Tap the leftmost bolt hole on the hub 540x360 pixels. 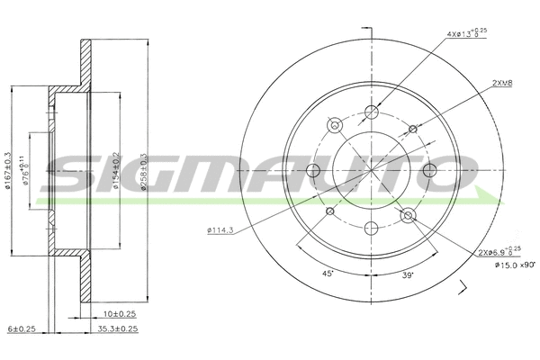point(314,171)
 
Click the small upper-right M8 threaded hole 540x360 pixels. point(413,130)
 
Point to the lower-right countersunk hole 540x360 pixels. point(408,214)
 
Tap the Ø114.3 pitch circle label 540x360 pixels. point(220,232)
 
